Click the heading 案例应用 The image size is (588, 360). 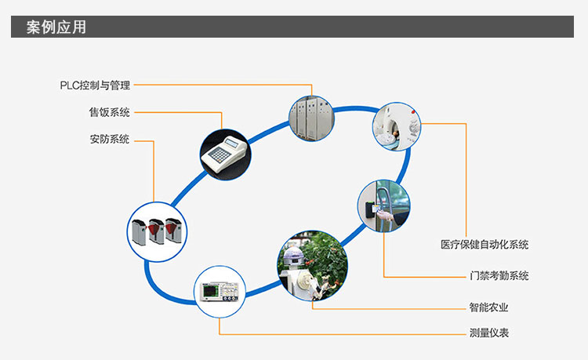coord(56,27)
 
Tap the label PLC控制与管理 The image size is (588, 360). coord(95,85)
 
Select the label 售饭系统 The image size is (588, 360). coord(109,112)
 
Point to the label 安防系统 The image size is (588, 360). coord(109,140)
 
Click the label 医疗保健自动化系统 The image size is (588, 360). coord(484,245)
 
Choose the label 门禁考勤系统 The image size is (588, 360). coord(494,276)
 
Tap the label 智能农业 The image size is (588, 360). coord(489,307)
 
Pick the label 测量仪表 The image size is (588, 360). coord(489,333)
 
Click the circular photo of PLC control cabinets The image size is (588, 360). coord(311,117)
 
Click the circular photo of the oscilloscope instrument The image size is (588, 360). coord(219,291)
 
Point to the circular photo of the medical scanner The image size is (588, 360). coord(396,126)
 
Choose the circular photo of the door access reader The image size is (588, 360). coord(383,206)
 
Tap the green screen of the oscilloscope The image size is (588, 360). coord(212,290)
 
